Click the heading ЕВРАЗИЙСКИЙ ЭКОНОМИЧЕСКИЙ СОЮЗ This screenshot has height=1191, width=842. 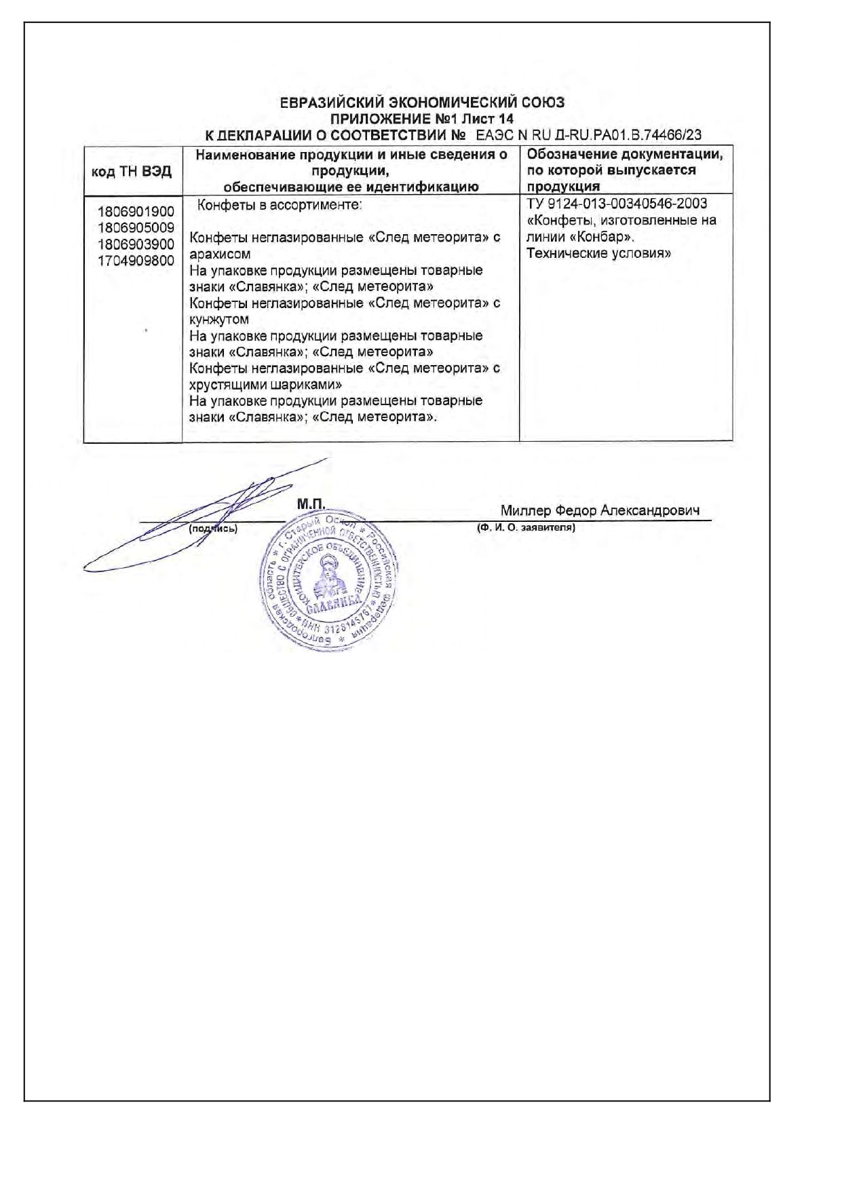click(x=421, y=102)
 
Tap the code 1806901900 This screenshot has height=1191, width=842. click(x=136, y=212)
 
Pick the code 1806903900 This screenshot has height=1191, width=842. click(x=136, y=244)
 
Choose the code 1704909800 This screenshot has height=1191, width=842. click(x=136, y=260)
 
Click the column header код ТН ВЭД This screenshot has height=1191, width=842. click(x=132, y=171)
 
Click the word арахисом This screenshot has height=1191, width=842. click(x=220, y=254)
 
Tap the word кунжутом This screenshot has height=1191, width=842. click(x=219, y=319)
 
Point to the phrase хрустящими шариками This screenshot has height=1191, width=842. click(x=265, y=384)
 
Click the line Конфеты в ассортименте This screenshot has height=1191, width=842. click(x=280, y=204)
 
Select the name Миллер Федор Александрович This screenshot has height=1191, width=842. click(x=600, y=510)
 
